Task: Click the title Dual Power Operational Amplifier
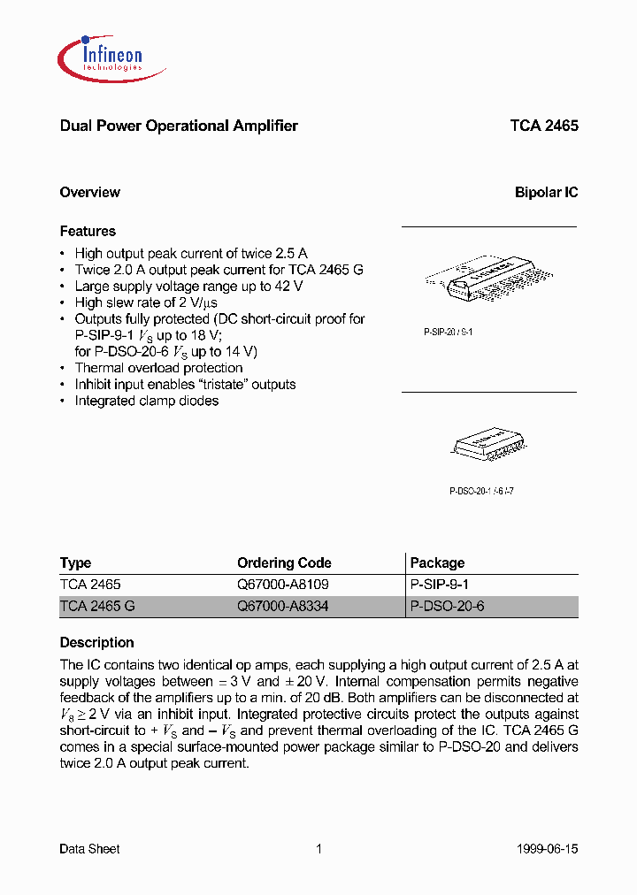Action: [x=178, y=126]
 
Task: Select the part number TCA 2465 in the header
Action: [x=543, y=126]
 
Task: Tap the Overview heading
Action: [x=89, y=192]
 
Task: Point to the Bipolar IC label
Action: [x=546, y=192]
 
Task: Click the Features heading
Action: [x=88, y=231]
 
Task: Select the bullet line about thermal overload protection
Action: [x=158, y=368]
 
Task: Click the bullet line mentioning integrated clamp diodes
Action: [x=146, y=401]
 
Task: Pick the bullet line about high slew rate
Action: [x=143, y=302]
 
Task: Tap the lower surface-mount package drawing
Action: [x=483, y=441]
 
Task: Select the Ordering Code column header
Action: [x=284, y=562]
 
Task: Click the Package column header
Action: [x=437, y=562]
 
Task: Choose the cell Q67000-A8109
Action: [x=283, y=585]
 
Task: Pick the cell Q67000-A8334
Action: [x=283, y=607]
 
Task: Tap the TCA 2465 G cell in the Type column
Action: [x=97, y=607]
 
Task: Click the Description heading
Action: [x=96, y=642]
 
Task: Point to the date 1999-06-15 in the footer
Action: [x=547, y=849]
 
